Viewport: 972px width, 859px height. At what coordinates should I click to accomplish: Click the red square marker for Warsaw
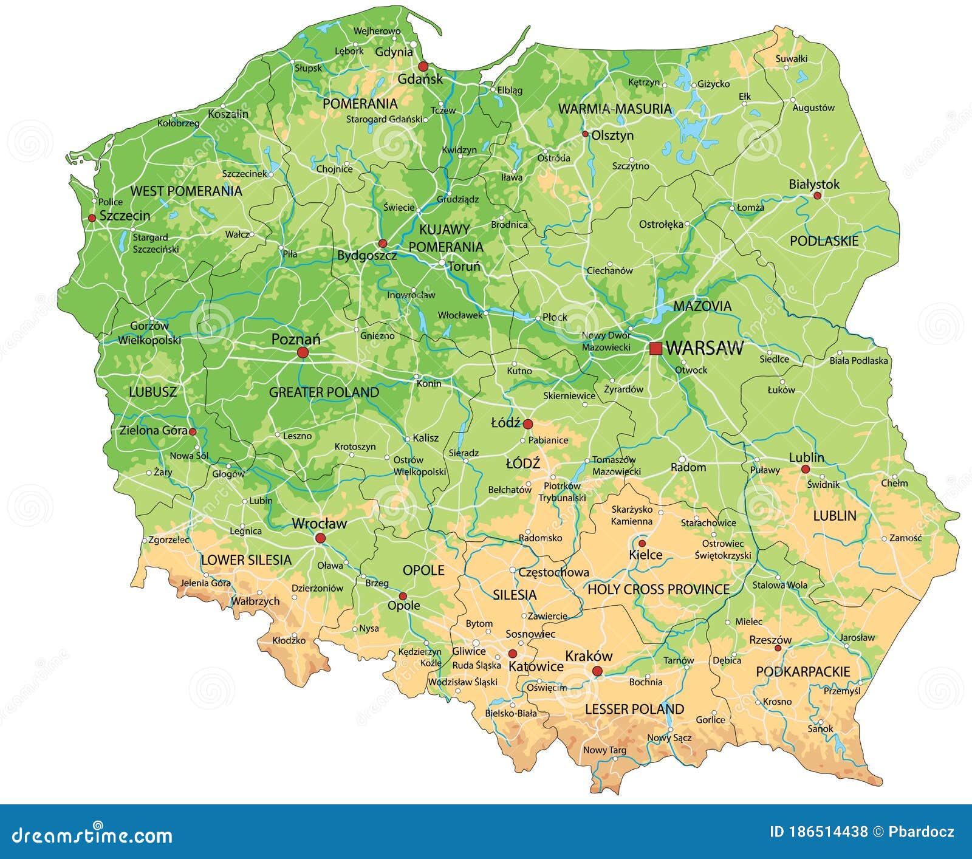click(655, 349)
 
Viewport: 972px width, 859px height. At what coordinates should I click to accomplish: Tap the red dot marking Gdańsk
click(423, 66)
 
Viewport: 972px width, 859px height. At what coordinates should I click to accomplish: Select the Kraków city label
click(588, 656)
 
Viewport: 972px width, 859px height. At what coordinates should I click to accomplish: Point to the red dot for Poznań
click(303, 352)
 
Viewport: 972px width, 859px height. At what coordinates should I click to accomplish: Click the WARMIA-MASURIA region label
click(615, 109)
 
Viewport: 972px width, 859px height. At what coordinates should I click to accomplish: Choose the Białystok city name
click(814, 184)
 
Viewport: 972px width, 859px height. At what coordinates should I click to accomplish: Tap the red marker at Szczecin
click(92, 217)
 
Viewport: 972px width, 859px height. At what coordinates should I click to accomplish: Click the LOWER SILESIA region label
click(246, 560)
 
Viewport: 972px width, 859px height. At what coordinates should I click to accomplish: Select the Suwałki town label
click(792, 59)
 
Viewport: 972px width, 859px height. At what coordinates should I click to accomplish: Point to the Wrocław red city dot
click(320, 538)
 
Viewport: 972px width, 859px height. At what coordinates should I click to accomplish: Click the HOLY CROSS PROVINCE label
click(659, 589)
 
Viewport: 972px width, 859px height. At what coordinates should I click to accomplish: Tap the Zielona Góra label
click(153, 431)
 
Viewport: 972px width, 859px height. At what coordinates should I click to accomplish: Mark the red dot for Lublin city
click(805, 469)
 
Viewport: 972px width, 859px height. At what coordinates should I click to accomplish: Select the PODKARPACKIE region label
click(803, 672)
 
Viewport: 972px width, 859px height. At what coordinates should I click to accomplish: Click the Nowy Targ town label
click(604, 750)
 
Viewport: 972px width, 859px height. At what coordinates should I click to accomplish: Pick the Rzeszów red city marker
click(778, 648)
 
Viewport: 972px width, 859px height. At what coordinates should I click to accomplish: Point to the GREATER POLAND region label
click(324, 392)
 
